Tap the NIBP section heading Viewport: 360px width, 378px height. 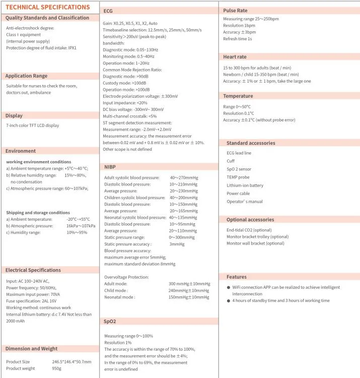[x=111, y=167]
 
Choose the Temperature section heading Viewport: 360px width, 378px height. [x=238, y=96]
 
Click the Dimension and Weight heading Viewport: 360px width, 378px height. [x=31, y=348]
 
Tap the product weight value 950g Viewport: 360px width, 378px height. [x=57, y=368]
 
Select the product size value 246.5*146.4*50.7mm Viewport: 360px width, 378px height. [x=72, y=361]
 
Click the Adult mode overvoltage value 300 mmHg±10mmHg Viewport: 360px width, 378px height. [x=189, y=284]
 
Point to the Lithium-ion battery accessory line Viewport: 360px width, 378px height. [x=245, y=185]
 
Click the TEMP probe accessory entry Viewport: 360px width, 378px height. [x=238, y=177]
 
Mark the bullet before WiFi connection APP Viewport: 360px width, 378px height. [x=229, y=287]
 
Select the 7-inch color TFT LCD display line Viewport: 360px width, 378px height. [x=32, y=125]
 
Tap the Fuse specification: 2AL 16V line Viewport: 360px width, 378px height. [x=31, y=301]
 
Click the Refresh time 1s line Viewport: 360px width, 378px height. [x=238, y=39]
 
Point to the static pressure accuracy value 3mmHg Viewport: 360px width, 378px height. [x=177, y=244]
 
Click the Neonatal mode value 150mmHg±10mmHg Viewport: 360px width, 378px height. [x=189, y=297]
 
